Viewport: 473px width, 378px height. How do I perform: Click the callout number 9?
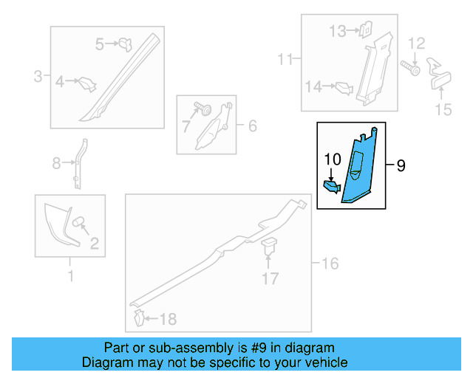tap(401, 166)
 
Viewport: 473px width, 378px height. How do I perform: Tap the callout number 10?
tap(332, 159)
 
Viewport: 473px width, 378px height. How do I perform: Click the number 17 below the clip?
tap(270, 278)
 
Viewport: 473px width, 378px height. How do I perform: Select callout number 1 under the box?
tap(71, 277)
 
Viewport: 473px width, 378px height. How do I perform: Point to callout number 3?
tap(38, 75)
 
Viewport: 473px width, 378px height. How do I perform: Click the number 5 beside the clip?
tap(101, 44)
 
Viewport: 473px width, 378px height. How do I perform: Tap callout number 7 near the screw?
tap(186, 126)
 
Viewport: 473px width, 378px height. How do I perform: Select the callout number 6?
tap(252, 126)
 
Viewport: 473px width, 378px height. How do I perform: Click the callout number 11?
tap(285, 58)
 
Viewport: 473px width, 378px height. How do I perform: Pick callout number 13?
tap(337, 31)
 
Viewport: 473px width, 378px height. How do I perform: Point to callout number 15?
tap(443, 110)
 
